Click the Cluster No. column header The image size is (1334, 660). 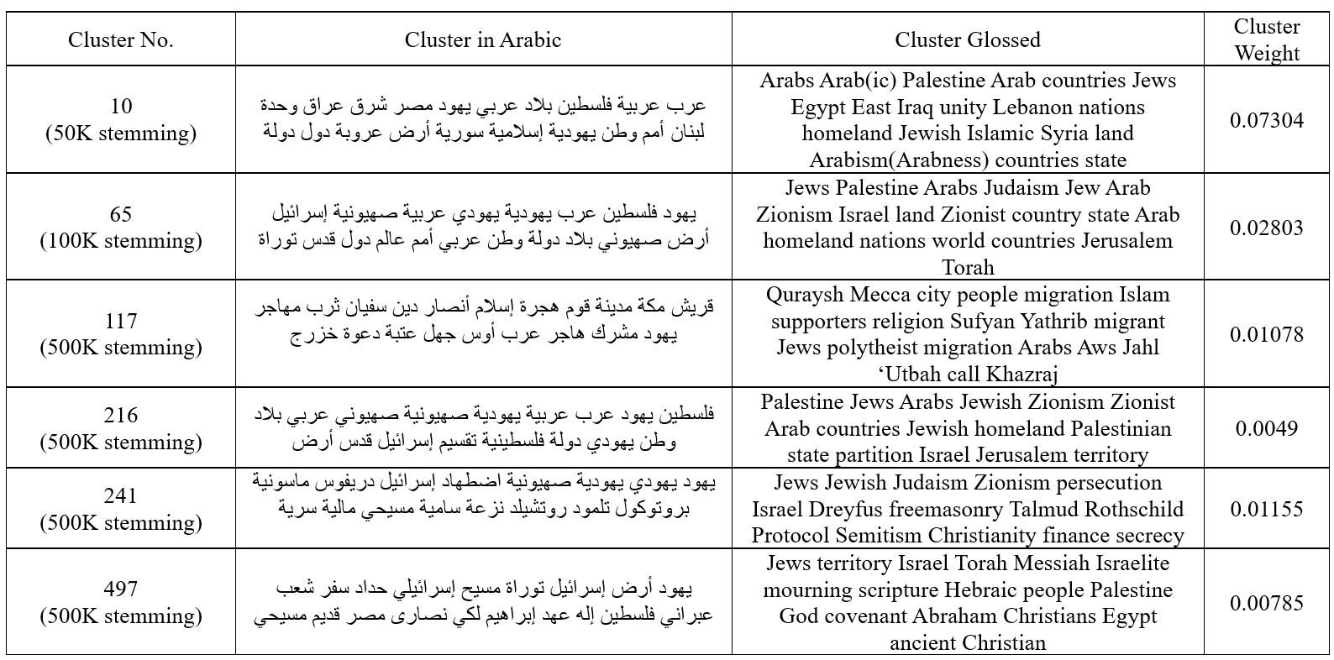pos(121,39)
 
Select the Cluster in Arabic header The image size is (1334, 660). pos(482,39)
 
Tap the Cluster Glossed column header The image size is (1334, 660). pos(967,39)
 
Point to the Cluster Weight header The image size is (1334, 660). pos(1266,39)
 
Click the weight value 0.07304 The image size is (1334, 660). pos(1266,120)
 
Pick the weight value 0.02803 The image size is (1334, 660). pos(1266,228)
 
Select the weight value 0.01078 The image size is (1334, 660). pos(1266,334)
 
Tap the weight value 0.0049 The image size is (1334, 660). pos(1266,428)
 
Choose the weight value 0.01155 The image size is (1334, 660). pos(1266,509)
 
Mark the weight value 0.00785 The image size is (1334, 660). pos(1266,603)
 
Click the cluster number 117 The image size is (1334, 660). pos(121,321)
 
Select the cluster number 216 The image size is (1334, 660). pos(121,415)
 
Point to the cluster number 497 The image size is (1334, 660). pos(121,589)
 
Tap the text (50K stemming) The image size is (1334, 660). pos(121,134)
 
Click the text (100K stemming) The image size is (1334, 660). pos(121,241)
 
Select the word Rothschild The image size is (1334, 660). pos(1133,509)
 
